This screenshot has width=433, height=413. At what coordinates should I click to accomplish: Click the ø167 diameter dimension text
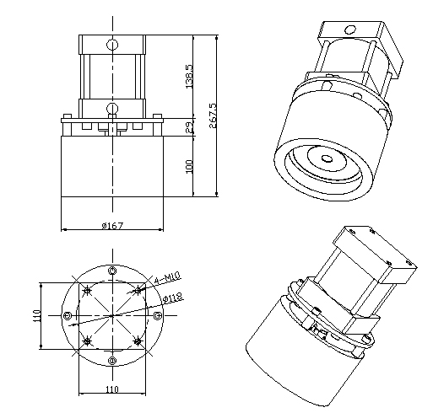coord(112,225)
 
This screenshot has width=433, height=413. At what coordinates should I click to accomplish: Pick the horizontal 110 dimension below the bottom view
coord(112,389)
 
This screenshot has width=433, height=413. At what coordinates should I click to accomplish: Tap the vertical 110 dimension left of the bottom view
coord(37,315)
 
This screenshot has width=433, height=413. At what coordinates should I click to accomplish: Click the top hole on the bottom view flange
coord(112,270)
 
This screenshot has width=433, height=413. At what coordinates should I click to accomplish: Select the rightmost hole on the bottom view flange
coord(158,315)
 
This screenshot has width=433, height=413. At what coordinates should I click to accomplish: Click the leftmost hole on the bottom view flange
coord(68,315)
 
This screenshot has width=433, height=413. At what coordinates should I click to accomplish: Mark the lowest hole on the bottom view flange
coord(112,361)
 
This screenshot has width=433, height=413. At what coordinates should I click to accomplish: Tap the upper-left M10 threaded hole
coord(88,291)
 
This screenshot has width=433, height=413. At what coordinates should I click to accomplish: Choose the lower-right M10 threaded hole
coord(138,341)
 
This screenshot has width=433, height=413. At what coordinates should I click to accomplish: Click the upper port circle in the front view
coord(112,44)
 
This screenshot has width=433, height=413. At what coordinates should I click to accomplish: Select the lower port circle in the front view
coord(112,107)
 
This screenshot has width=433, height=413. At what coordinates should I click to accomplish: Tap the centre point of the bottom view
coord(112,315)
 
